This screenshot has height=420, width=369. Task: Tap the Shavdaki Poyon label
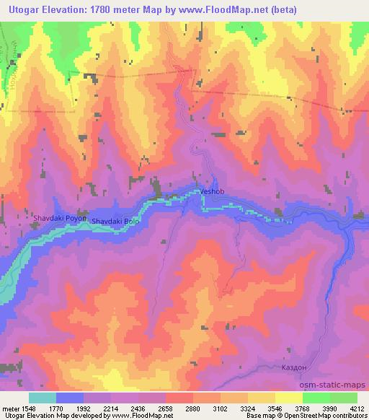pyautogui.click(x=59, y=216)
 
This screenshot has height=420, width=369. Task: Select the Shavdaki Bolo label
pyautogui.click(x=116, y=221)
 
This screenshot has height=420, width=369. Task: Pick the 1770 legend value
pyautogui.click(x=55, y=408)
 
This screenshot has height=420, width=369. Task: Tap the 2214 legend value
pyautogui.click(x=112, y=408)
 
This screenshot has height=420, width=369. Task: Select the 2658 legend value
pyautogui.click(x=165, y=408)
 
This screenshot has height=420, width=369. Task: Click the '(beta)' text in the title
pyautogui.click(x=262, y=9)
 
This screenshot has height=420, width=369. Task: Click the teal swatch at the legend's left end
pyautogui.click(x=43, y=398)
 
